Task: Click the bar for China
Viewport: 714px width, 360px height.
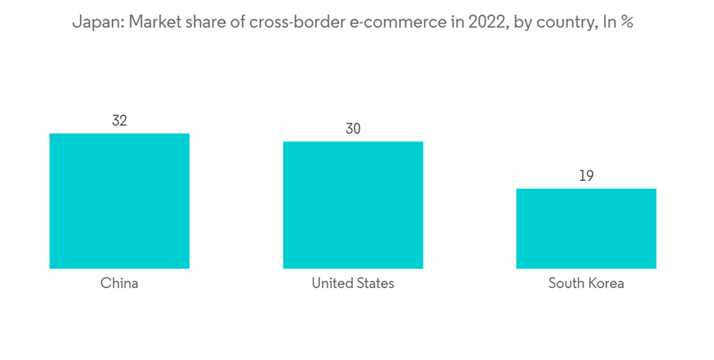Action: click(x=119, y=201)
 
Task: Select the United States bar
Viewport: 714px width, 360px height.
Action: click(x=353, y=205)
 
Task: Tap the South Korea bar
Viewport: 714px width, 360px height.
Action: click(x=586, y=229)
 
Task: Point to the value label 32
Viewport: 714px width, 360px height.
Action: click(x=119, y=121)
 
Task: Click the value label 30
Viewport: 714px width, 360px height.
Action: click(x=353, y=129)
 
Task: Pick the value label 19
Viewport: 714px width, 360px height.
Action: click(x=586, y=176)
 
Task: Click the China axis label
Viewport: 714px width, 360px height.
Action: click(x=119, y=284)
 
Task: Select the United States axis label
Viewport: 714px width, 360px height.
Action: click(x=353, y=284)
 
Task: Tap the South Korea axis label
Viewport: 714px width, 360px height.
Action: click(x=586, y=284)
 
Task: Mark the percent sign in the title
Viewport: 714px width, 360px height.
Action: click(x=626, y=23)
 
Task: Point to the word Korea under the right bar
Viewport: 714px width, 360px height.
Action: click(x=606, y=284)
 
